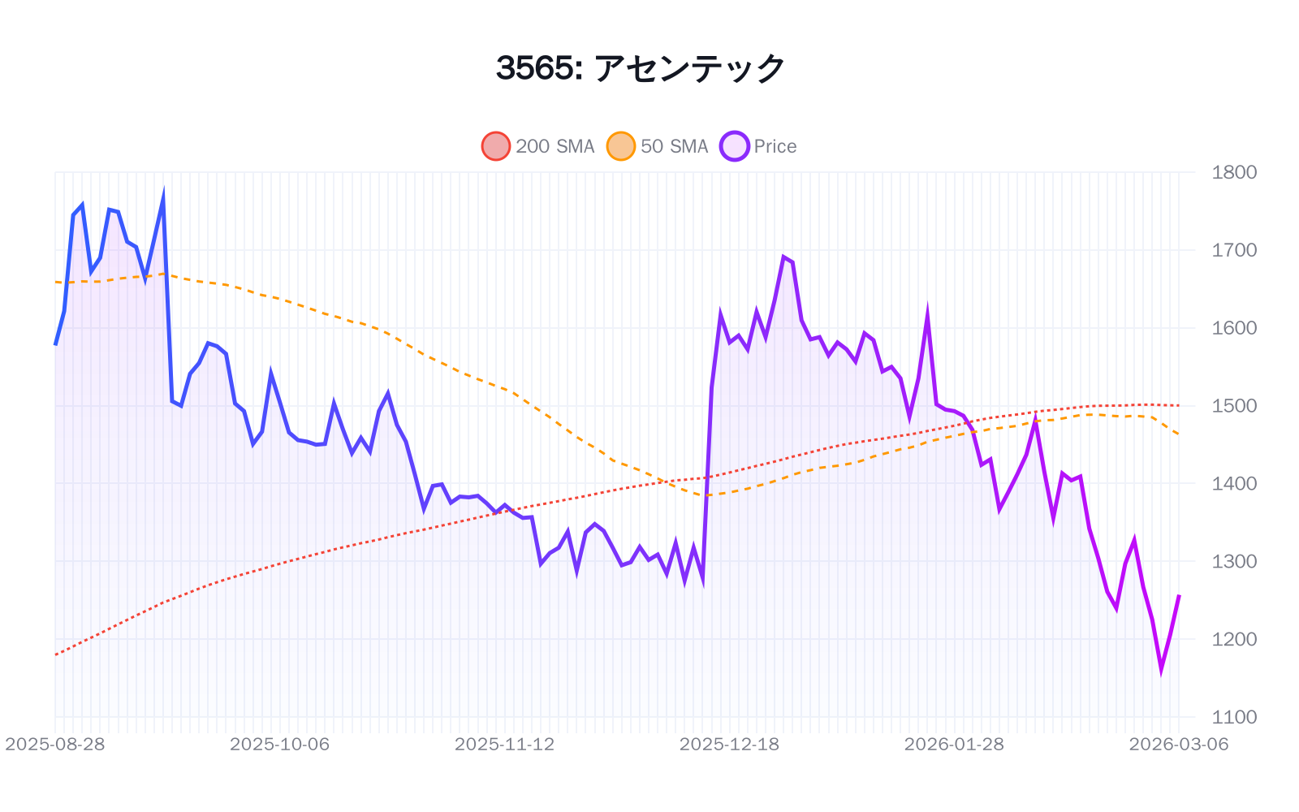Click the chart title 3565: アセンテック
641,68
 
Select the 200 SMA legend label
555,146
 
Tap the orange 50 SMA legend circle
620,146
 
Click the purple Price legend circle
734,146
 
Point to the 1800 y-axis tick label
1233,172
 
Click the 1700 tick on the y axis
1233,250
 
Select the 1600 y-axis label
1233,328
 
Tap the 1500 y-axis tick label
1233,405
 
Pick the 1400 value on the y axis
1233,483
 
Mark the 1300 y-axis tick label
1233,561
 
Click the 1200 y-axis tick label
1233,639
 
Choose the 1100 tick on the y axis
1233,717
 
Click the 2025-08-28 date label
55,745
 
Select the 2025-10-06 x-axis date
280,745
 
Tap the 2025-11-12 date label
504,745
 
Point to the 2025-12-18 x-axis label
729,745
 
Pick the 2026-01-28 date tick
954,745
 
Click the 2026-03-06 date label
1178,745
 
